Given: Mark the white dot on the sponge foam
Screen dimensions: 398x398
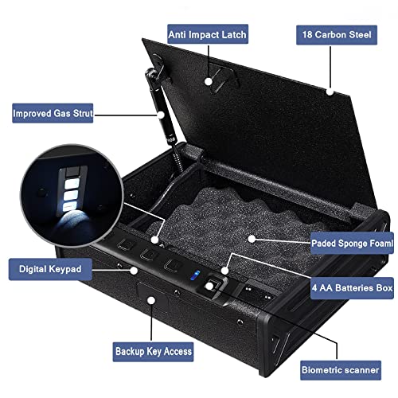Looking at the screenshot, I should click(x=252, y=237).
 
